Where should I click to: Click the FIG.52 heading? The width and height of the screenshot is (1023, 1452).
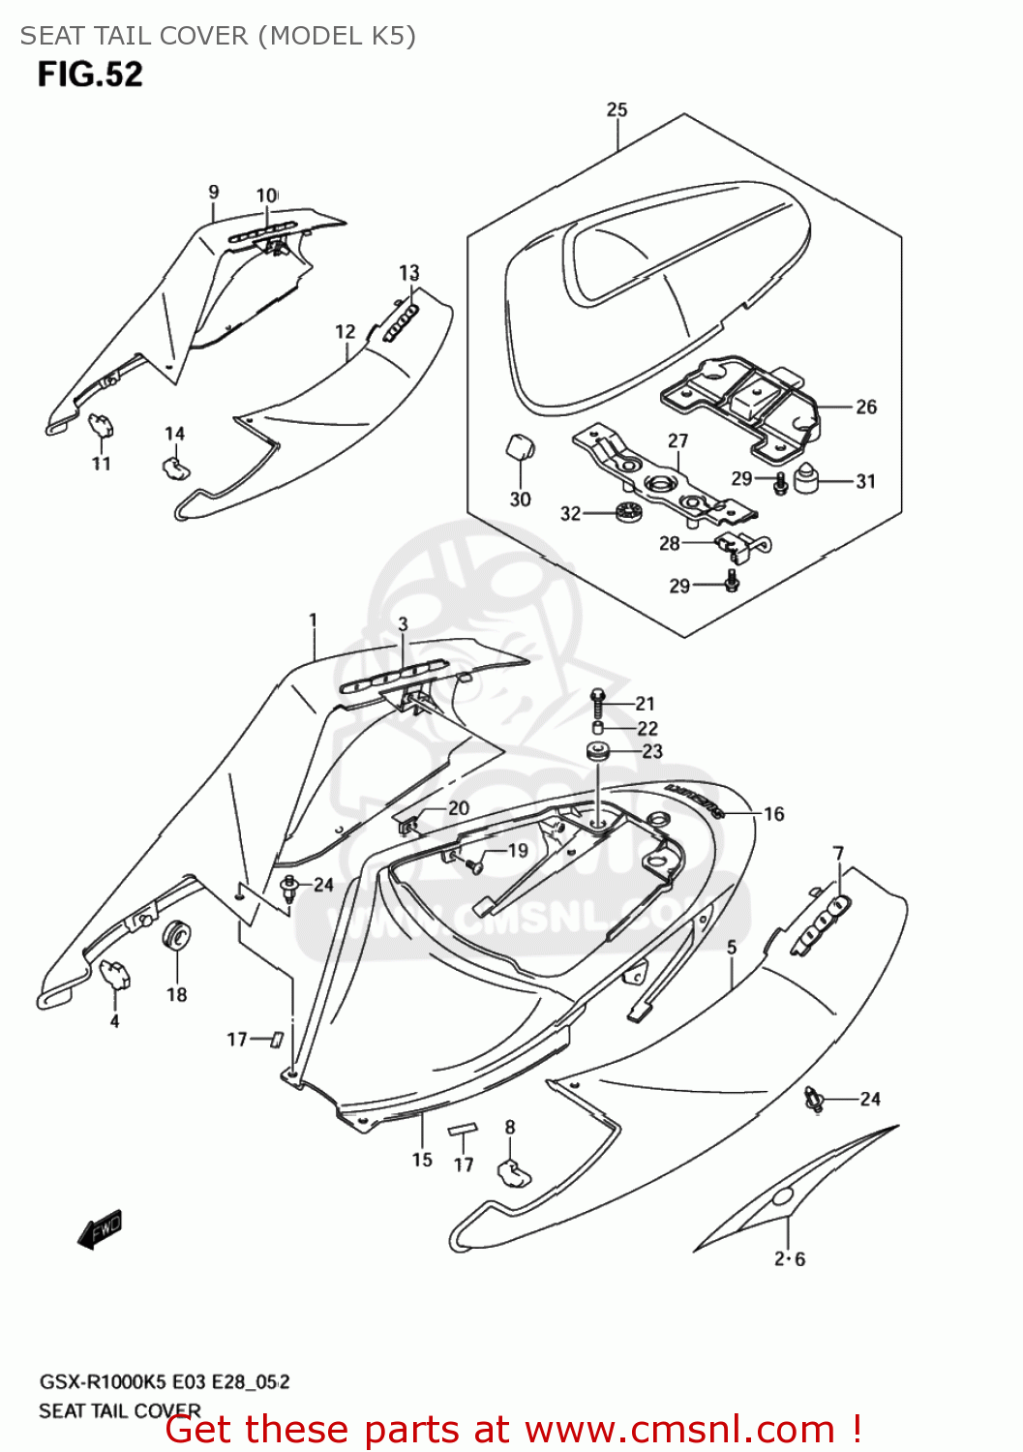[x=90, y=75]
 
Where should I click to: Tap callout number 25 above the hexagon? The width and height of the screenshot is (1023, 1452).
[x=617, y=109]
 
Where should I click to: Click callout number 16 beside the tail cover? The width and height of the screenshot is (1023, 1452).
[x=773, y=814]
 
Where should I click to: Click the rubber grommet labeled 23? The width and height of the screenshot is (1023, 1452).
[x=597, y=751]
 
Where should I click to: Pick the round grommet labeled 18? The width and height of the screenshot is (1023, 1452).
[x=177, y=937]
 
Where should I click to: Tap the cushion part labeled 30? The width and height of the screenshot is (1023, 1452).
[x=520, y=450]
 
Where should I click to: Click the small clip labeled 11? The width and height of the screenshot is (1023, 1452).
[x=102, y=424]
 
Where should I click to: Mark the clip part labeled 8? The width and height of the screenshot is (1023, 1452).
[x=512, y=1172]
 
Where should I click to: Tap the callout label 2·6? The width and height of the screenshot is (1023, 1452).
[x=789, y=1258]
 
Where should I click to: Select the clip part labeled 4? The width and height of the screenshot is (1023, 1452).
[x=115, y=974]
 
